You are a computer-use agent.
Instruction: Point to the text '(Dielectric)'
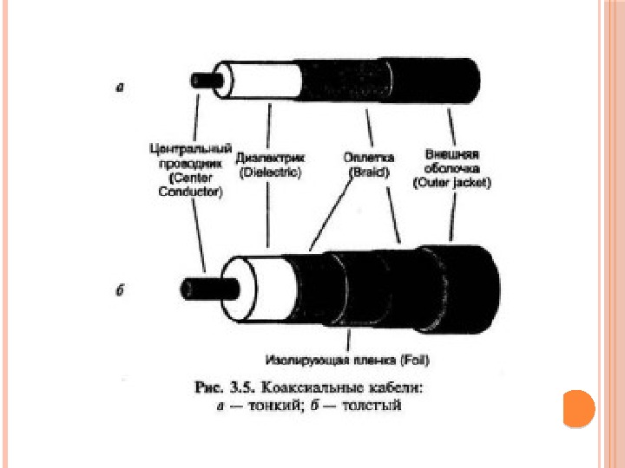pyautogui.click(x=270, y=172)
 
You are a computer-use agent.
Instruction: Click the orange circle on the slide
pyautogui.click(x=578, y=408)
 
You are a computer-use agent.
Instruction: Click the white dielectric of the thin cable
pyautogui.click(x=261, y=81)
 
